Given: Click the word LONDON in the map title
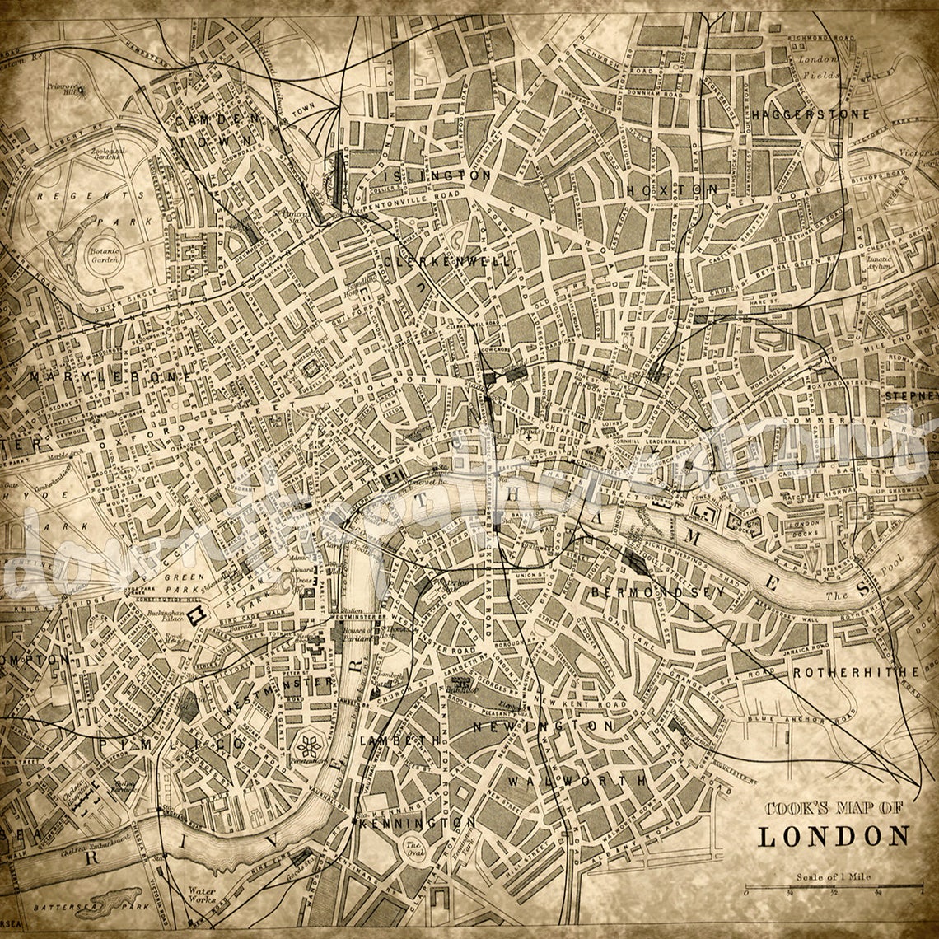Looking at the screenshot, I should coord(834,836).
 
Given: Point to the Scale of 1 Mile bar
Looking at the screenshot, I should coord(834,887).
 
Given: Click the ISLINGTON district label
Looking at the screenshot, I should coord(432,175).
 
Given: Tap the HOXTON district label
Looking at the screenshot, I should coord(672,189).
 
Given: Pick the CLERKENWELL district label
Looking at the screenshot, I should coord(446,261).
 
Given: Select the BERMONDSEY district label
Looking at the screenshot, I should coord(657,591).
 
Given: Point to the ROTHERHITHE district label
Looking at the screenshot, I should coord(857,672).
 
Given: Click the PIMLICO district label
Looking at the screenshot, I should coord(171,743).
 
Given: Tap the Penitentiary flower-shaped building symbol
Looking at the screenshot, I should coord(310,747).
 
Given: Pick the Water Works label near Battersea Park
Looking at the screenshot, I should coord(202,895).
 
